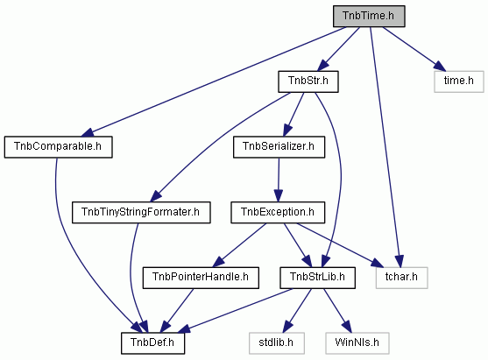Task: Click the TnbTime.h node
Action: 369,16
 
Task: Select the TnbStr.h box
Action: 308,81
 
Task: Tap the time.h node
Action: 459,81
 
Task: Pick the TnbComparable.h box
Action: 58,147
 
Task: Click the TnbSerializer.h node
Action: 279,147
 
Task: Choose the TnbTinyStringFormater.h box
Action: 141,212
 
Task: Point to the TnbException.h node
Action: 278,212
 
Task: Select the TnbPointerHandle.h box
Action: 201,278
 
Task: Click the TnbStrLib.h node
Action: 317,278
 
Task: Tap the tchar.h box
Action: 401,278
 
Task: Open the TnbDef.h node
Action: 152,343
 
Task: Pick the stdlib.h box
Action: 276,343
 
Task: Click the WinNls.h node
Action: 357,343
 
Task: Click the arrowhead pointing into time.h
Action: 440,67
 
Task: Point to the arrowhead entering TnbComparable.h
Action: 88,132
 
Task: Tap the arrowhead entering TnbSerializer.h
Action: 287,130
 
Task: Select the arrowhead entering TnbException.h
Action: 279,196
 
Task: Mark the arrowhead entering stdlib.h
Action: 287,327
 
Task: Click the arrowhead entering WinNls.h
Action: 347,327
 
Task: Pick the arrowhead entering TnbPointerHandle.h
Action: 218,261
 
